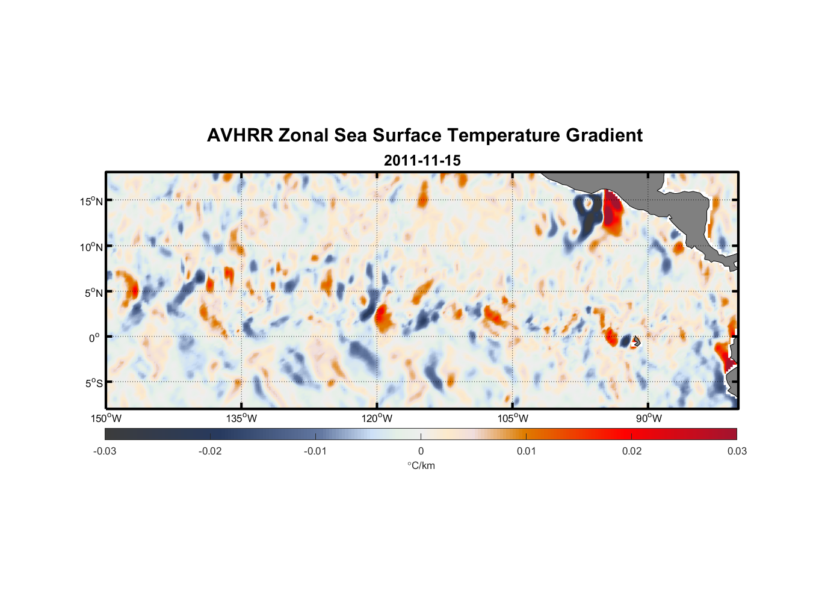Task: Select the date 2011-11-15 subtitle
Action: (422, 161)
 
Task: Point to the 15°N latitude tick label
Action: (91, 201)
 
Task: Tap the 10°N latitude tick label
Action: (91, 247)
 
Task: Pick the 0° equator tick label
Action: (94, 338)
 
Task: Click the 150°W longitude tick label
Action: (106, 418)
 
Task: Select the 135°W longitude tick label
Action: (241, 418)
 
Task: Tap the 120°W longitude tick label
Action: (377, 418)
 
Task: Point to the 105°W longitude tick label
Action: (513, 418)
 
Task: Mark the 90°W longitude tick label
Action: (649, 418)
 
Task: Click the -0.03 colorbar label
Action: (105, 451)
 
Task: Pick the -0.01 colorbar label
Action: (315, 451)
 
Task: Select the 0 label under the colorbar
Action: (421, 451)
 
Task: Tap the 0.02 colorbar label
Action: (632, 451)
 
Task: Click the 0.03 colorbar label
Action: (737, 451)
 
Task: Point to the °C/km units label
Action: (421, 465)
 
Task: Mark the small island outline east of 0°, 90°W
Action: (636, 341)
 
